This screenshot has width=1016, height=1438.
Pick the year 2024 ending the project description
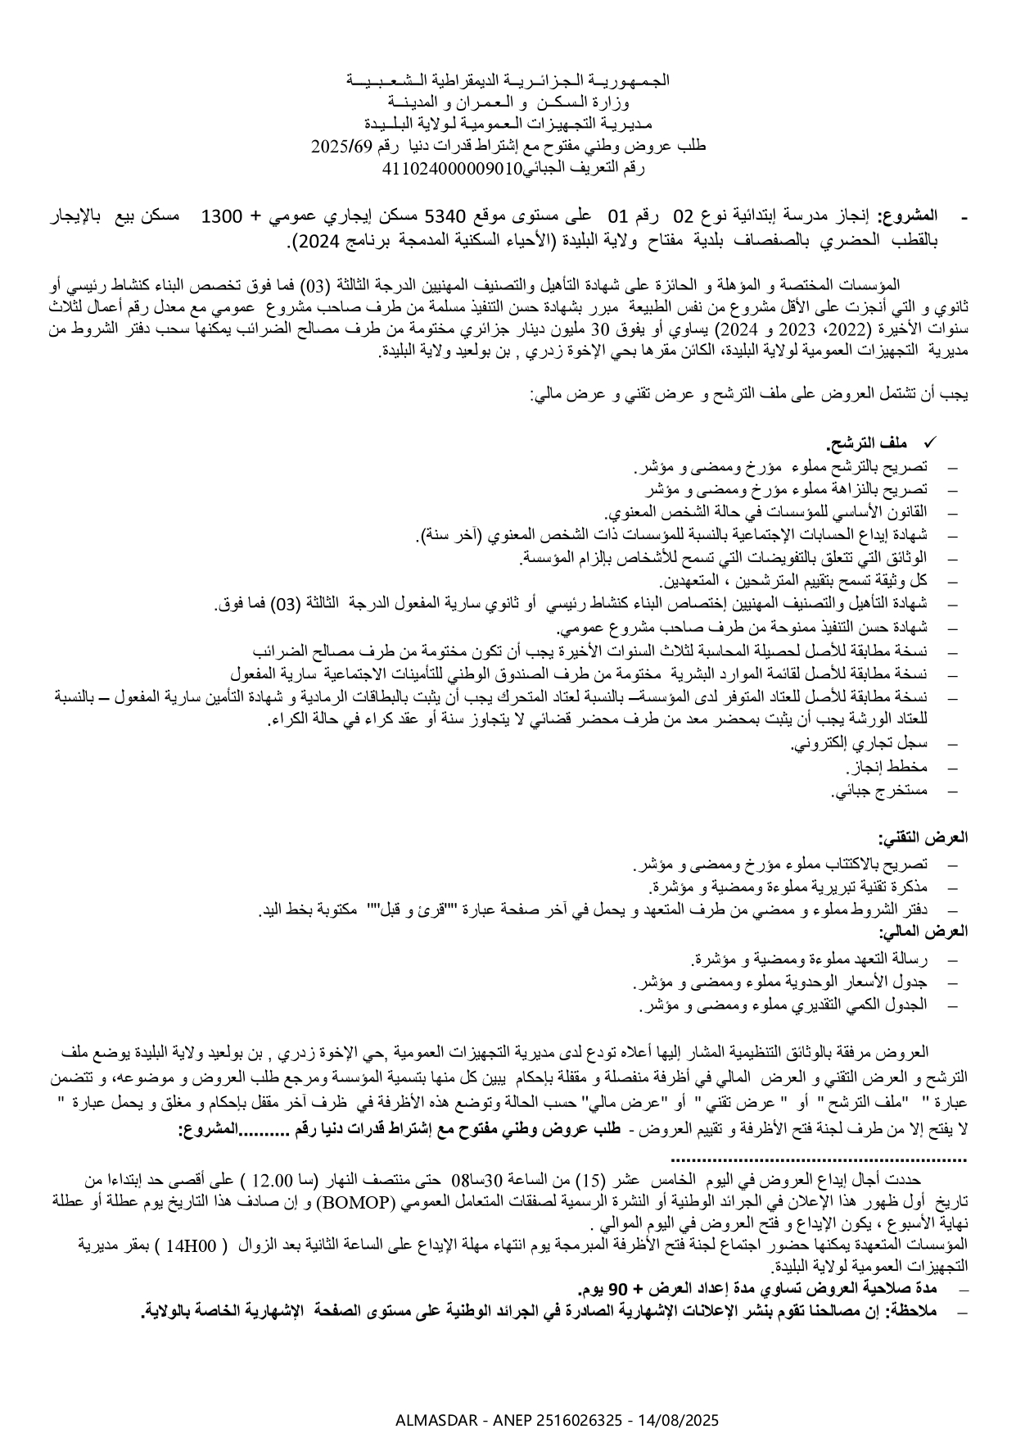coord(309,242)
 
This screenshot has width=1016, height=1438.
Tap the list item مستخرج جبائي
coord(880,792)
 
